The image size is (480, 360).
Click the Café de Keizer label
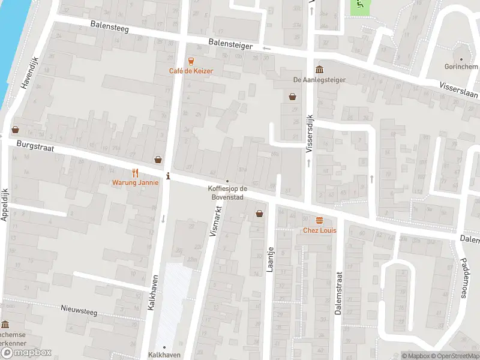[191, 71]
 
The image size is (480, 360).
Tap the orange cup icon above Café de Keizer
[191, 61]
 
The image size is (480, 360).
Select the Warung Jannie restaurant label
[135, 182]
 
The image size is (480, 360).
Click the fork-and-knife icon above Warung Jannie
[135, 172]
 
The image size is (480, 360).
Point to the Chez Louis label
[319, 230]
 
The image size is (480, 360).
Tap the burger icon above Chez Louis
[319, 220]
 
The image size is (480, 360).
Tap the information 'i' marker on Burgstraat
[168, 176]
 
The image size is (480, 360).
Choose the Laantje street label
[271, 260]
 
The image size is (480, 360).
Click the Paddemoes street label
[463, 265]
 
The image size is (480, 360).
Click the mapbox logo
[26, 353]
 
